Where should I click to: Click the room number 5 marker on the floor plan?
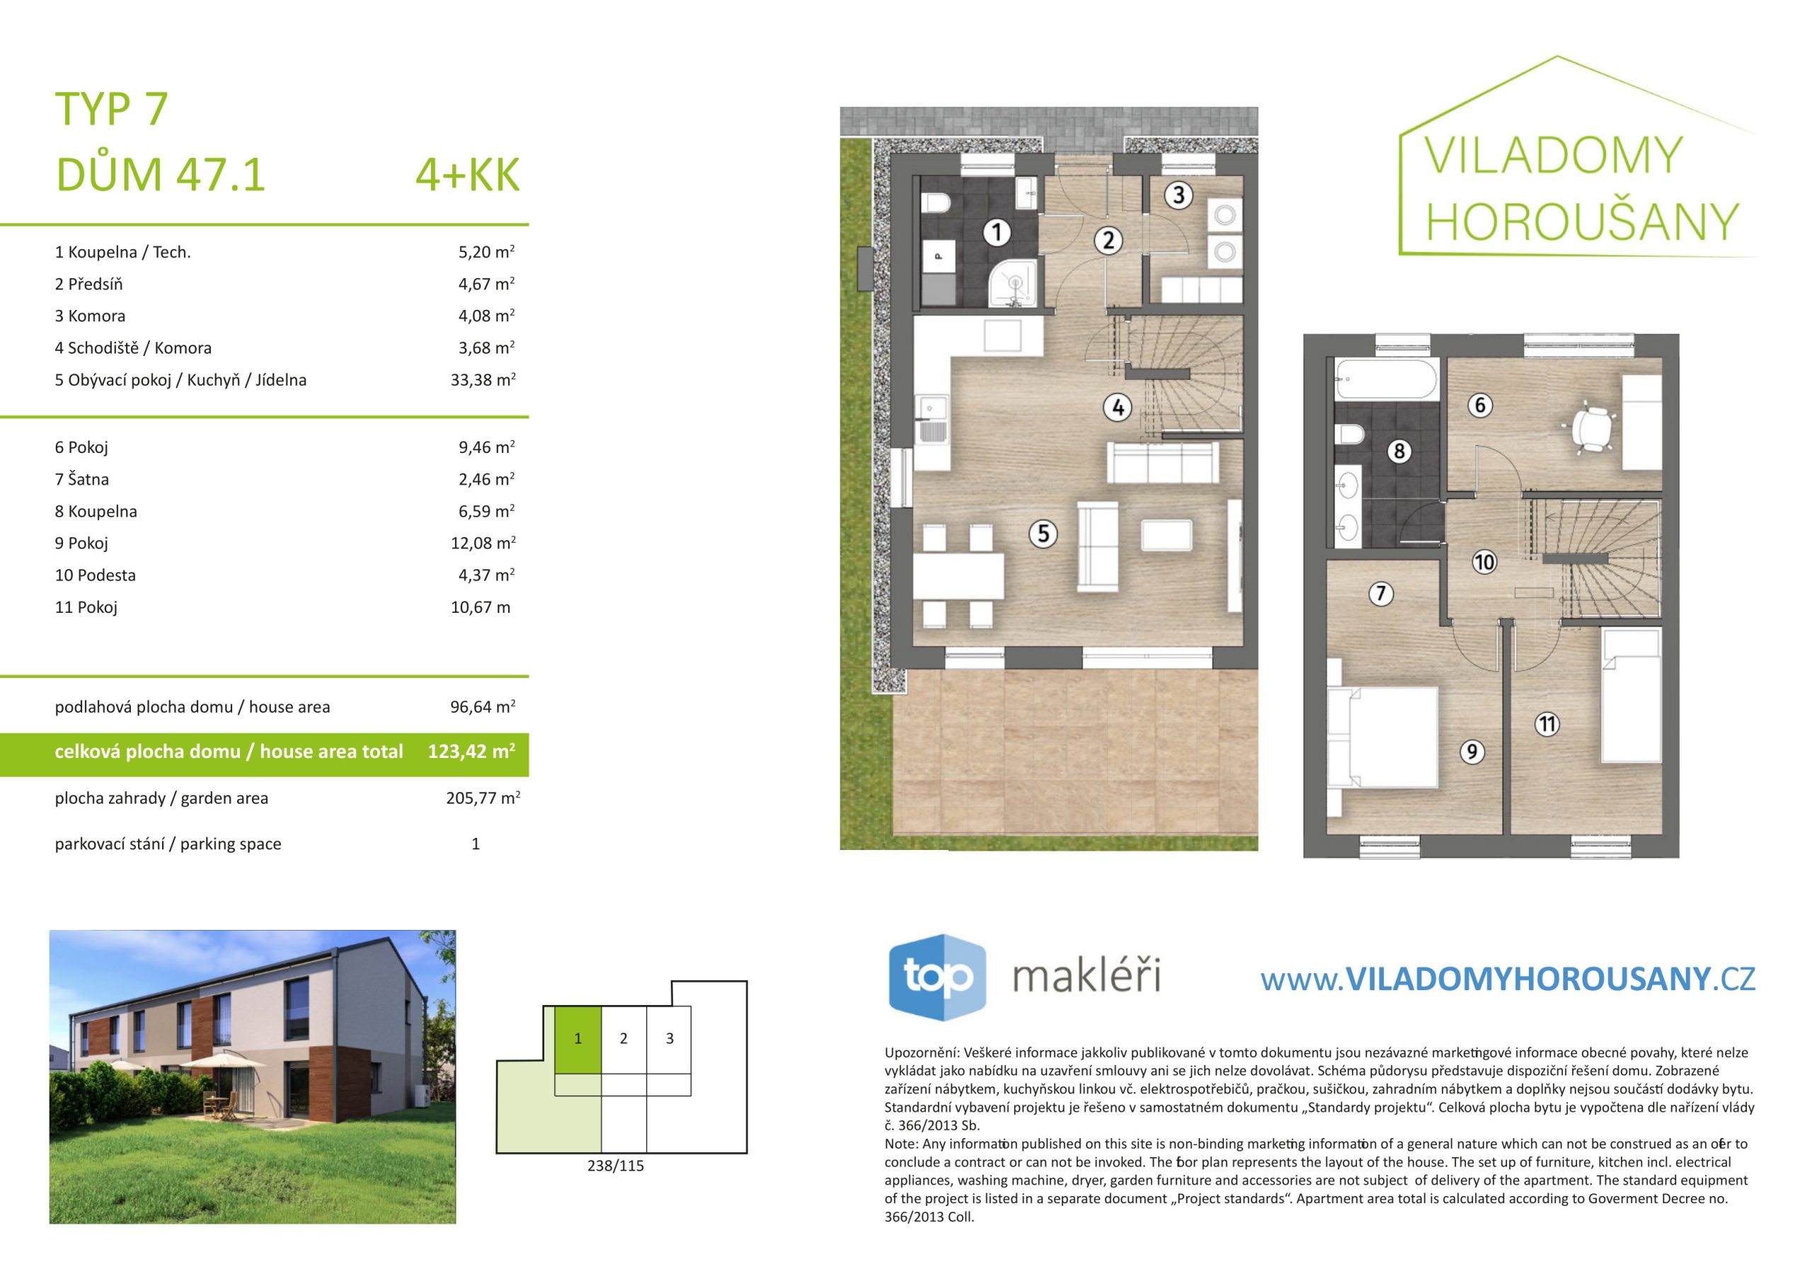(x=1043, y=534)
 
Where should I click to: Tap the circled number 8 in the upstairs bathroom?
(x=1399, y=451)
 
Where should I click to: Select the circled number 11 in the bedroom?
(x=1546, y=724)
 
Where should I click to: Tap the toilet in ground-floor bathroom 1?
(x=936, y=203)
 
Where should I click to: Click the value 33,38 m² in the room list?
(x=483, y=379)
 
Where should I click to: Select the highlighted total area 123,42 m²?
(x=471, y=752)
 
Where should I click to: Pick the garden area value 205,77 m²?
(x=483, y=798)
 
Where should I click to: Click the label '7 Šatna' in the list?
(x=82, y=479)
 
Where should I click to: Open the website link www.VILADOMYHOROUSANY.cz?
(x=1508, y=980)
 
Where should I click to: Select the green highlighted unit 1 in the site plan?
(x=578, y=1039)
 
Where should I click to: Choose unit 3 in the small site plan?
(x=670, y=1039)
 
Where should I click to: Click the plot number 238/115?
(x=616, y=1166)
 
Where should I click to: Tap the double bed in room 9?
(x=1382, y=737)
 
